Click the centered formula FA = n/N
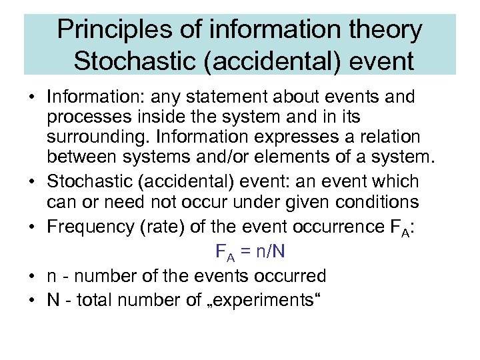point(251,252)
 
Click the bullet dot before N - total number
point(32,300)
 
